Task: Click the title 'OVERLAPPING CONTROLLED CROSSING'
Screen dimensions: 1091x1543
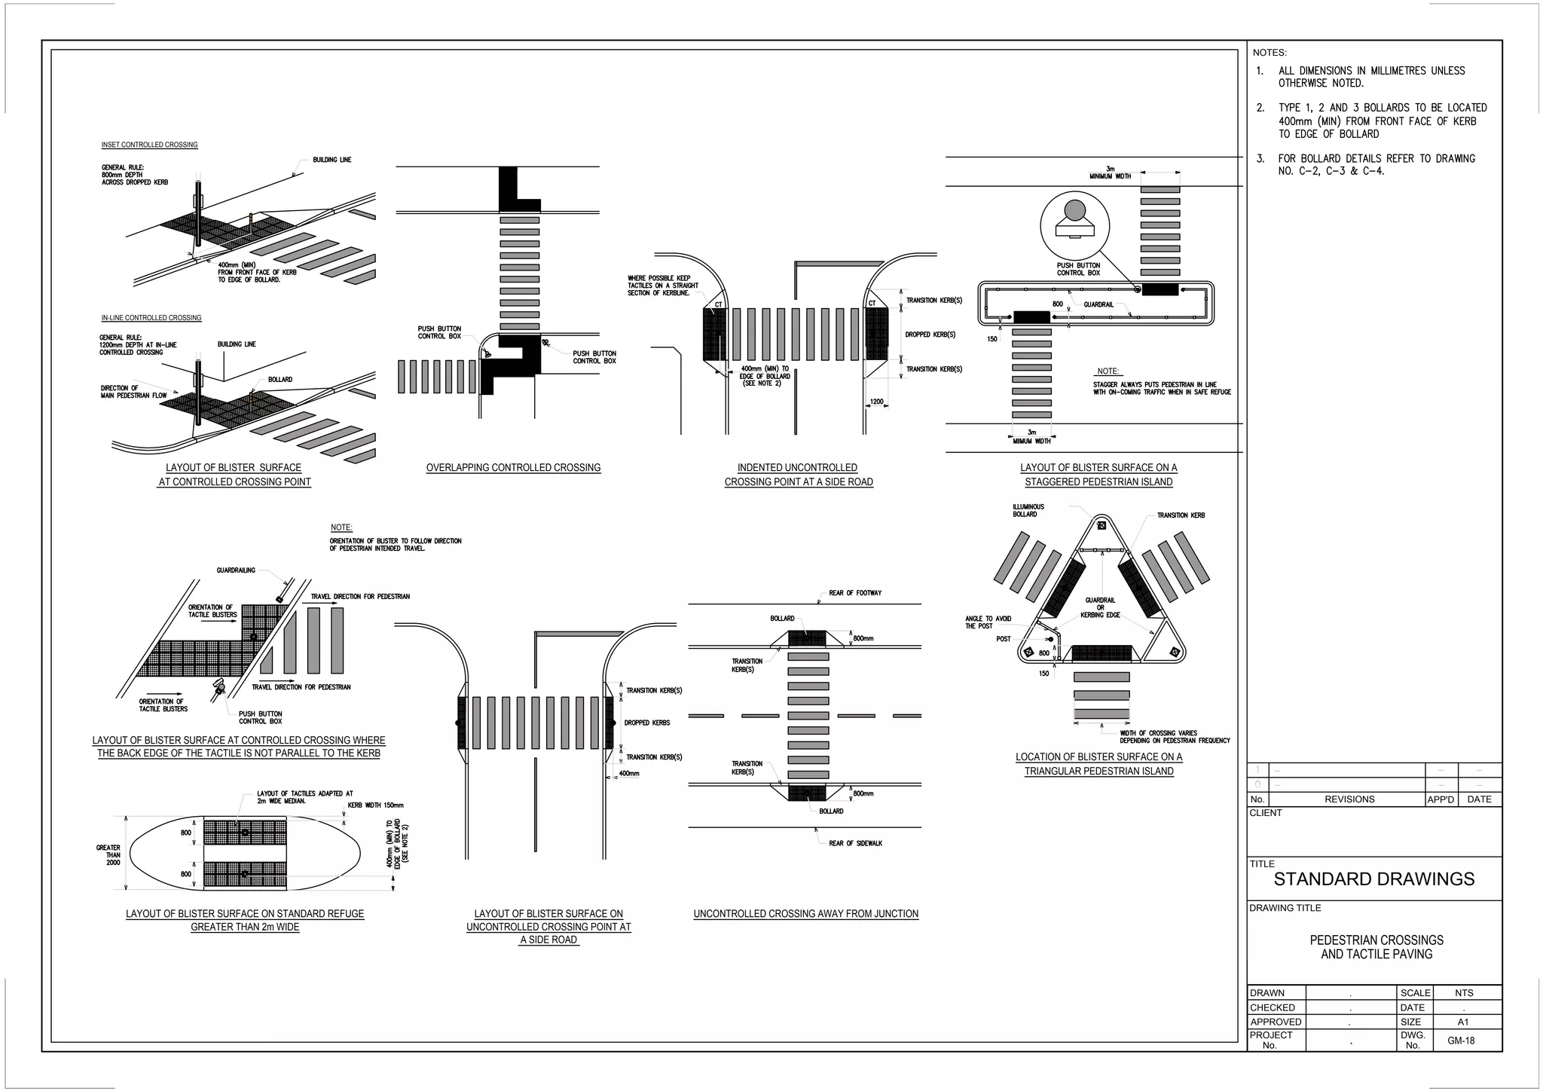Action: coord(513,468)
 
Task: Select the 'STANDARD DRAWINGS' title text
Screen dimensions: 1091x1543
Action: coord(1373,879)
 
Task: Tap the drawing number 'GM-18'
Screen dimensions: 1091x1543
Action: coord(1460,1041)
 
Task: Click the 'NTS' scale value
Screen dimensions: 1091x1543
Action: coord(1463,993)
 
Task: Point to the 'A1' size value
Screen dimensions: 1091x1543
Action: coord(1462,1022)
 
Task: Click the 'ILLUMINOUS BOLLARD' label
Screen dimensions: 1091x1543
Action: coord(1028,511)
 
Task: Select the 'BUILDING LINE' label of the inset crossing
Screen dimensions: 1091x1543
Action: coord(332,160)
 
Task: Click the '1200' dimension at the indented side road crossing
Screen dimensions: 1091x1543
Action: coord(876,402)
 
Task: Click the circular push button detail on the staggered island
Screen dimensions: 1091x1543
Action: coord(1075,225)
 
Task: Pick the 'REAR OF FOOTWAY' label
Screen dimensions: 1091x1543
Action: coord(854,593)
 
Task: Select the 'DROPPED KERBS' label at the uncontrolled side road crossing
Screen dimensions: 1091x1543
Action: coord(646,723)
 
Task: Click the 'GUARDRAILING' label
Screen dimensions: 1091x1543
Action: coord(236,570)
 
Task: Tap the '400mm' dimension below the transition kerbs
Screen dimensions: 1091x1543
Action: coord(628,774)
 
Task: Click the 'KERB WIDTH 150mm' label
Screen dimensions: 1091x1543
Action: coord(375,805)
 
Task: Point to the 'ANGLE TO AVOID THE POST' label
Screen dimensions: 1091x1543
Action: coord(988,622)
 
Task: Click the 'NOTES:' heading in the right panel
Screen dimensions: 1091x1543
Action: coord(1270,53)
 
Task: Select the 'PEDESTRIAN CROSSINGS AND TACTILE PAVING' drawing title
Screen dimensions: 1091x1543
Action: coord(1376,947)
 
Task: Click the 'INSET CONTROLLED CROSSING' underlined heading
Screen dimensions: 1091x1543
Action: coord(149,145)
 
